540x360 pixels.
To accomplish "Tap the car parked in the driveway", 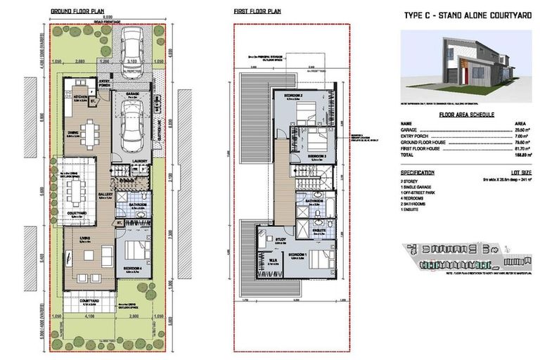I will [131, 49].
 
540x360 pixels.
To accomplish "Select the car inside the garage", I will [131, 127].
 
